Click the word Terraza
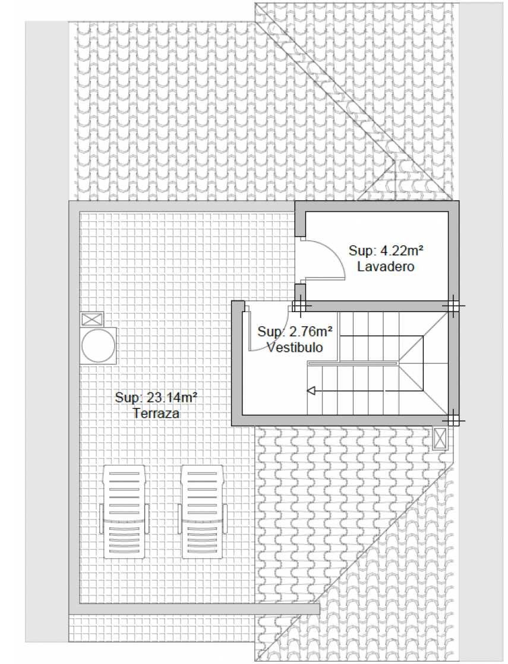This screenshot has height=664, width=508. [x=156, y=413]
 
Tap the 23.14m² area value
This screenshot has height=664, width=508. [x=172, y=398]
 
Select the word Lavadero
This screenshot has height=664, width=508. [x=385, y=266]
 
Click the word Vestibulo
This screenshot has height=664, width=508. [x=295, y=347]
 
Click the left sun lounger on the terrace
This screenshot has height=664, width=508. [x=124, y=512]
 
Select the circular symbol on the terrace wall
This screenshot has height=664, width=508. [x=98, y=345]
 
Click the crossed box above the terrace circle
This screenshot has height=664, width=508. [x=92, y=319]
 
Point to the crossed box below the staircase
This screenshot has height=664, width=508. [x=440, y=438]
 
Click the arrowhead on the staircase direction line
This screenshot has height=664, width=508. [x=311, y=391]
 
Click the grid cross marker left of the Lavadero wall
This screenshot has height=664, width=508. [x=300, y=305]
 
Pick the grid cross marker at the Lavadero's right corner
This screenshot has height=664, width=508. [x=452, y=305]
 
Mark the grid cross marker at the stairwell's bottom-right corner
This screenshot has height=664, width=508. [x=452, y=420]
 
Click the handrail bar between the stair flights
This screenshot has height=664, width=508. [x=353, y=363]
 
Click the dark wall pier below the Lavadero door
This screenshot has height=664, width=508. [x=300, y=292]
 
